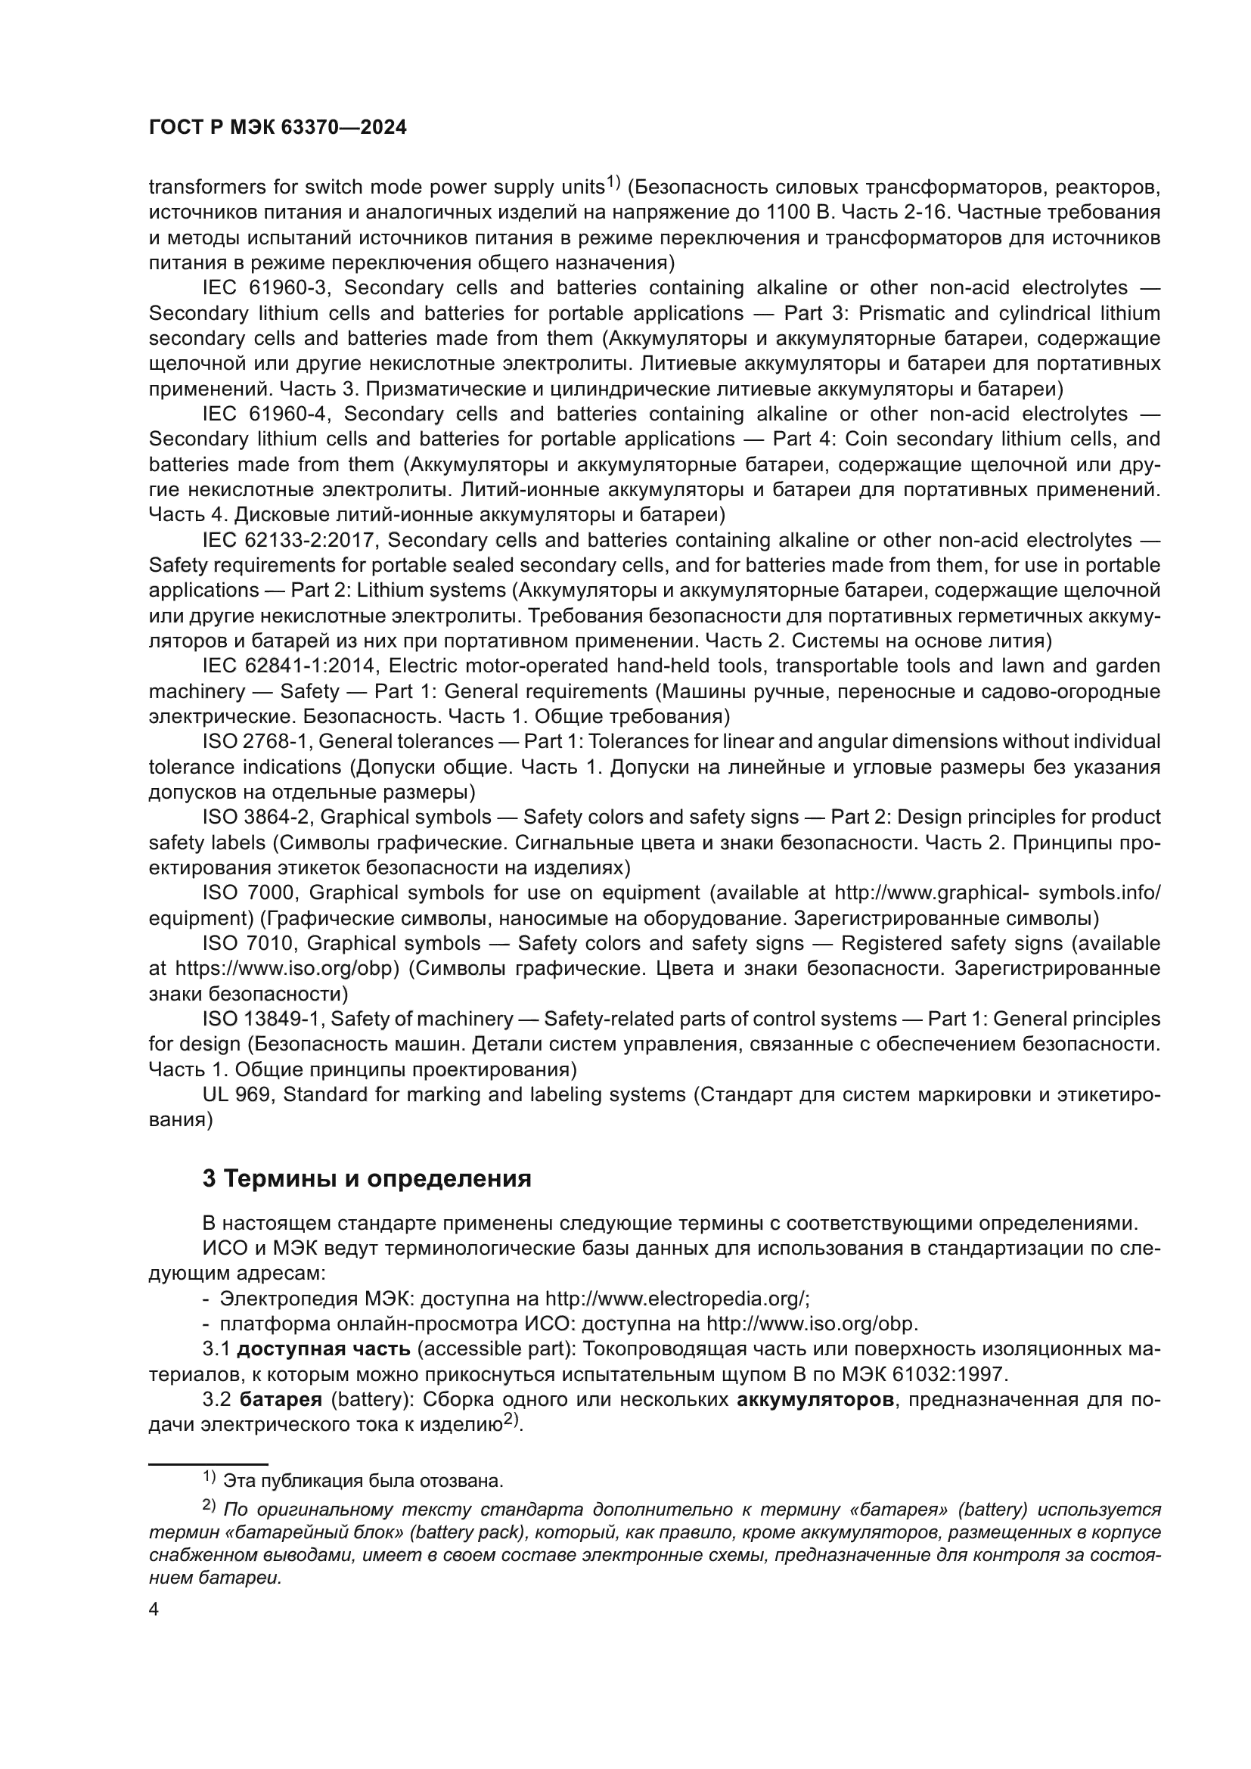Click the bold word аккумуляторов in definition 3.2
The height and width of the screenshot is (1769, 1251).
click(x=815, y=1400)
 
